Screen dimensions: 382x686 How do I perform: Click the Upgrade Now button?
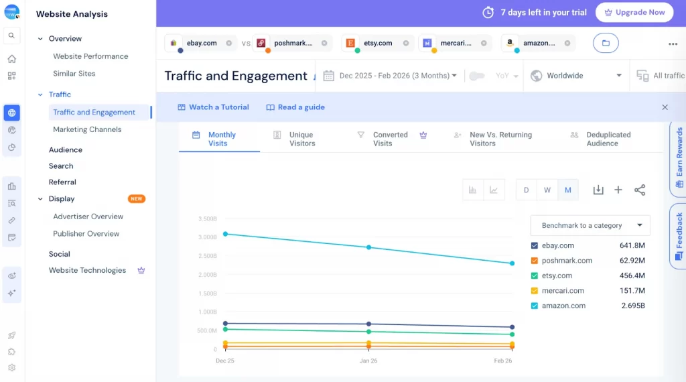[634, 12]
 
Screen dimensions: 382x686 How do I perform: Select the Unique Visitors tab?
[301, 139]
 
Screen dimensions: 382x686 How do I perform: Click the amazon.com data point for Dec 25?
[225, 234]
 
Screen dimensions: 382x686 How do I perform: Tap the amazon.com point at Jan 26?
[368, 247]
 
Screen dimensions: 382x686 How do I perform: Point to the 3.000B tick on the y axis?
[207, 237]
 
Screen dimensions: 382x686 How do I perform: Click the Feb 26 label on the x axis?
[503, 361]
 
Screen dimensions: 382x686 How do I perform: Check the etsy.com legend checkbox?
[535, 275]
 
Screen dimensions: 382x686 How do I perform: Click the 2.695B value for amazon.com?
[632, 306]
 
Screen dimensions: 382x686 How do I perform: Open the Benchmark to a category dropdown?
[590, 225]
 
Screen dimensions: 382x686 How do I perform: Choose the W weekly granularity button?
[547, 190]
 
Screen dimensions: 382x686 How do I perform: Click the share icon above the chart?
[640, 190]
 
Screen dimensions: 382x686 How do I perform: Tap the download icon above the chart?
[598, 190]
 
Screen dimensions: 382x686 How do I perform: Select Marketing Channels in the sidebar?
[87, 129]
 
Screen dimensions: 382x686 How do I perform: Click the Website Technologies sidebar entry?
[87, 270]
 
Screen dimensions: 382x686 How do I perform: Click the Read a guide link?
[295, 107]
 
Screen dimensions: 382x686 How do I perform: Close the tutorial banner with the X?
[665, 107]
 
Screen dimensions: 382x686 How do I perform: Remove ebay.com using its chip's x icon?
[229, 43]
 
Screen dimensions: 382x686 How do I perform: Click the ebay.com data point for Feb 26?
[512, 327]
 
